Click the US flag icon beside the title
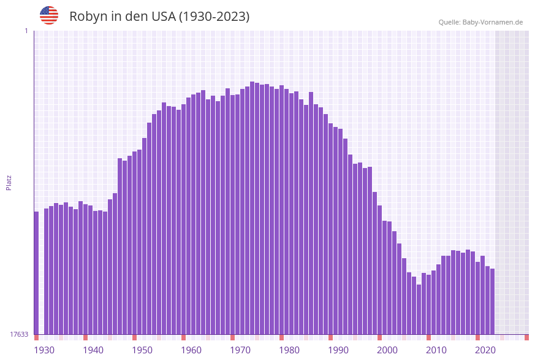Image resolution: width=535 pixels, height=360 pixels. (49, 15)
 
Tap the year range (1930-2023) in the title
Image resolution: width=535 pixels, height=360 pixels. (214, 17)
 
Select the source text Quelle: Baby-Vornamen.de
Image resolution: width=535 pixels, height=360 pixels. (480, 22)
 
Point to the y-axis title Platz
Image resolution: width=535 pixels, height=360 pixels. (9, 182)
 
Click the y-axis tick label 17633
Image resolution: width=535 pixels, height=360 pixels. (19, 334)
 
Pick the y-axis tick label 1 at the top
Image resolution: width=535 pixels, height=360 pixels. (26, 31)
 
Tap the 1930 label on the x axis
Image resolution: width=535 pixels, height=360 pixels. (44, 350)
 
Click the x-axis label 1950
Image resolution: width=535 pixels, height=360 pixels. (142, 350)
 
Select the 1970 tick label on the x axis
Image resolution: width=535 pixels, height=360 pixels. (240, 350)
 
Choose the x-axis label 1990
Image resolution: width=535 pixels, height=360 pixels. (338, 350)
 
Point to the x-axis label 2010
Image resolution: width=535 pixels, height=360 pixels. (436, 350)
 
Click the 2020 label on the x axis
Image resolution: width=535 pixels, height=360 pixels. (485, 350)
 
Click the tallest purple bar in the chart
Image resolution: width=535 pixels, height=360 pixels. (252, 209)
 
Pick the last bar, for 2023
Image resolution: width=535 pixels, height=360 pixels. (492, 301)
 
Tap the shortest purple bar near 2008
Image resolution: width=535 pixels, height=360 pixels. (419, 309)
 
